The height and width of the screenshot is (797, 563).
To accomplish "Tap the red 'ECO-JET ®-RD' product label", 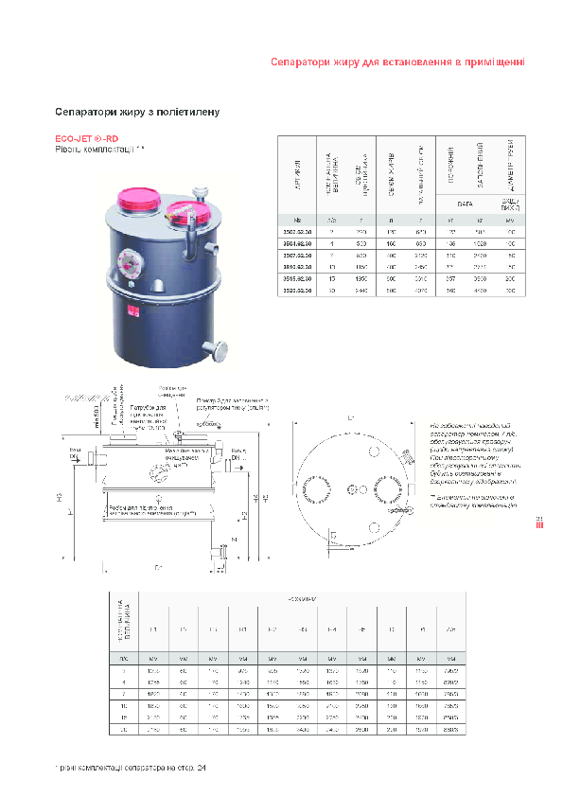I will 86,139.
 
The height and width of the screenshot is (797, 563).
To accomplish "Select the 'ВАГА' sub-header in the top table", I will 464,203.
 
